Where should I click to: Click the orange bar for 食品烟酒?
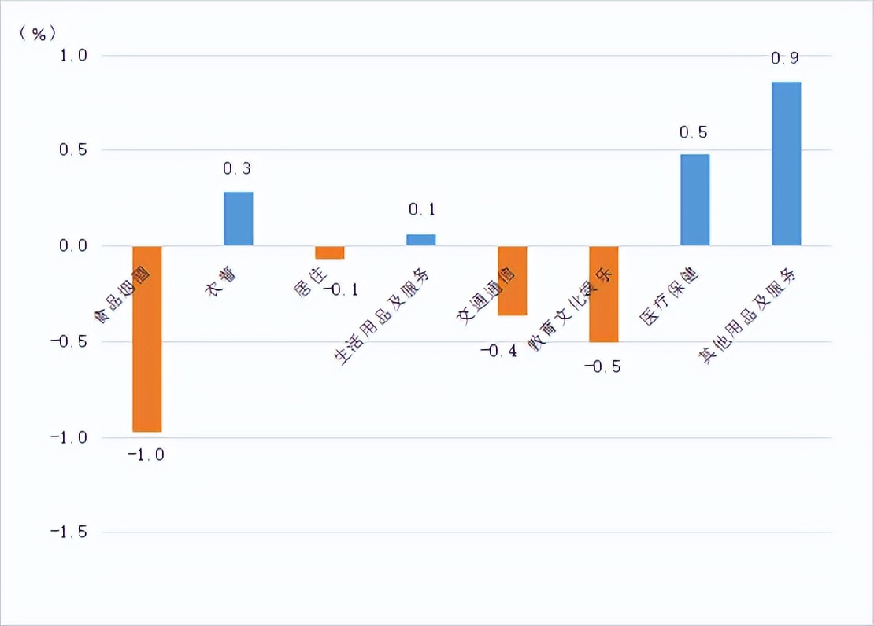(x=146, y=338)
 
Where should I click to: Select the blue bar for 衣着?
(x=238, y=219)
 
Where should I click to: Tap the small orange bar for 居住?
(x=329, y=252)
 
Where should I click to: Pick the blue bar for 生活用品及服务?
(x=420, y=240)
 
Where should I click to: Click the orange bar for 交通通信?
(x=512, y=280)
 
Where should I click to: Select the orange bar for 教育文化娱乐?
(x=603, y=293)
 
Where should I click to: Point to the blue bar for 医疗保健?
(x=694, y=200)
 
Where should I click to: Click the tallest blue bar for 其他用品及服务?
(x=786, y=164)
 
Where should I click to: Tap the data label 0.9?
(x=785, y=58)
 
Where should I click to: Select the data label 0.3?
(x=237, y=169)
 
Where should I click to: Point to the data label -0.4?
(x=498, y=351)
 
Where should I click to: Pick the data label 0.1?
(x=421, y=210)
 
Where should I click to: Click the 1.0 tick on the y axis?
(x=71, y=56)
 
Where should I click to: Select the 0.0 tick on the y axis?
(x=71, y=246)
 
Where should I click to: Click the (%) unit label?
(x=38, y=32)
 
